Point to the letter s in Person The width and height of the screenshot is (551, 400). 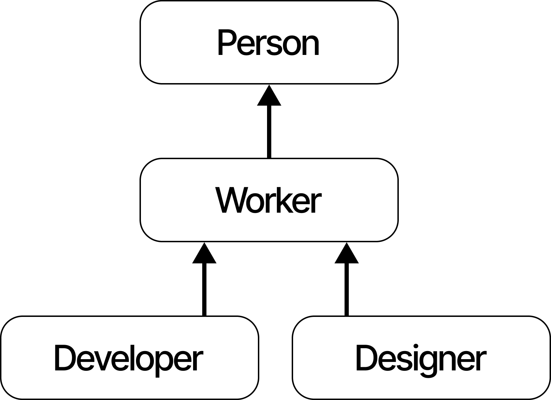(274, 45)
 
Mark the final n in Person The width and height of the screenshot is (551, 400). (311, 45)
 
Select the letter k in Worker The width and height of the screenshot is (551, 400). (286, 202)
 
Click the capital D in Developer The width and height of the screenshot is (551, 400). (65, 358)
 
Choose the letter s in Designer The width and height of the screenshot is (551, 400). (404, 361)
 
